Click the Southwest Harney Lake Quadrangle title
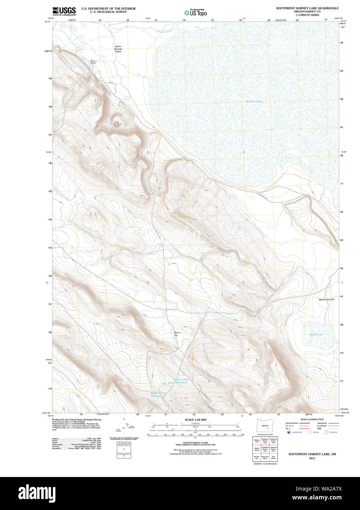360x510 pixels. (x=307, y=8)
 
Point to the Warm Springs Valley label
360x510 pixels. (x=118, y=49)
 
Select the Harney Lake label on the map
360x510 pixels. (x=254, y=101)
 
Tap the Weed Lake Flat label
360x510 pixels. (x=326, y=300)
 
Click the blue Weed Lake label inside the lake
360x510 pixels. (x=316, y=335)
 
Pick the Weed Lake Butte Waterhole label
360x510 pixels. (x=178, y=381)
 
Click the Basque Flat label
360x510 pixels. (x=176, y=334)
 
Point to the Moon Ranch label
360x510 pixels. (x=93, y=62)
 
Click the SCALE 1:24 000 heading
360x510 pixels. (x=195, y=420)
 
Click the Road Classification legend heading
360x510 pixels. (x=312, y=419)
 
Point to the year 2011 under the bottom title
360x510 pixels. (x=312, y=458)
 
